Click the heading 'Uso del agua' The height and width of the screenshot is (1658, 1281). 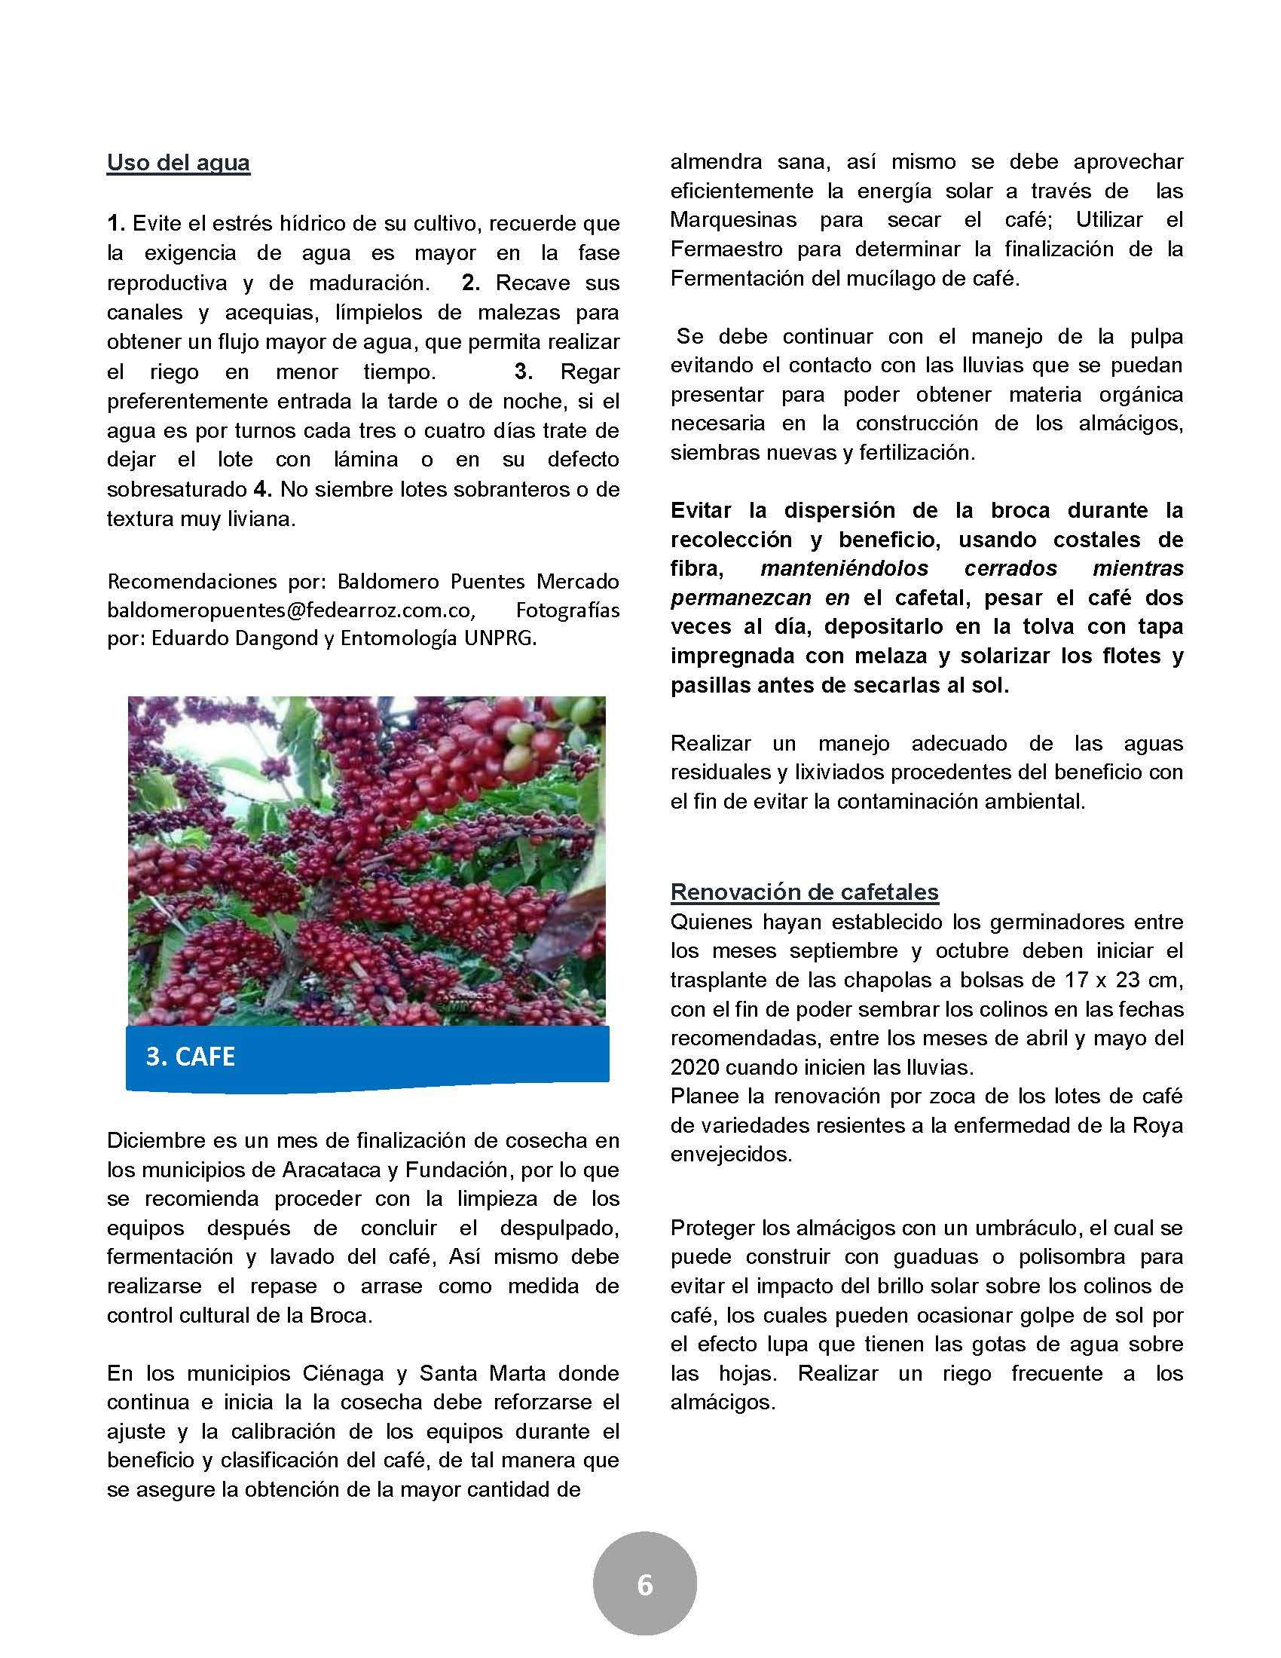179,163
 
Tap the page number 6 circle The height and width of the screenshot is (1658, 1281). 644,1585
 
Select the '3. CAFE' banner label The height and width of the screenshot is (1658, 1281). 191,1057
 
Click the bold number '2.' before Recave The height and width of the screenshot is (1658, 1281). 471,283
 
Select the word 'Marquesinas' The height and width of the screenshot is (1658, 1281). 733,220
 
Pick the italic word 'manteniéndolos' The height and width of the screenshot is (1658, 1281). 844,568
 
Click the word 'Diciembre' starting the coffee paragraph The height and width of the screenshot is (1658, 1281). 154,1140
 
